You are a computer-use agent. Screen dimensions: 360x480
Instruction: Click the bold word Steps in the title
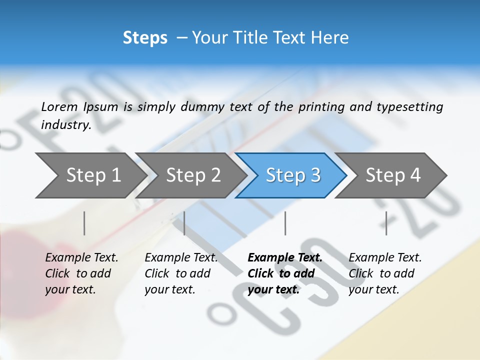145,38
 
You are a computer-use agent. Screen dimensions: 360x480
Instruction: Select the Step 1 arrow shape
90,175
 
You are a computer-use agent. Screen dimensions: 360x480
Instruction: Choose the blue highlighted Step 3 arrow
292,175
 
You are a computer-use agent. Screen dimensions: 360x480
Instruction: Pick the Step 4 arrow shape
392,175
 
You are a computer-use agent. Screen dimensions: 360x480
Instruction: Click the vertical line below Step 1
84,223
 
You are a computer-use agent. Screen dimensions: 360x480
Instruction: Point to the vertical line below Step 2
184,223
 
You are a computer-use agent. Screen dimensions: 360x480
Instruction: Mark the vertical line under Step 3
285,223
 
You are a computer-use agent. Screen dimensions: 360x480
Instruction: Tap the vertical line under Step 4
386,223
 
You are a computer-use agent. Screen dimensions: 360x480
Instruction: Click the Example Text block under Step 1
81,273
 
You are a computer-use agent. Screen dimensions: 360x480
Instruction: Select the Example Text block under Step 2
181,273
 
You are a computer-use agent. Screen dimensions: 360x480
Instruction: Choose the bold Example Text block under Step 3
285,273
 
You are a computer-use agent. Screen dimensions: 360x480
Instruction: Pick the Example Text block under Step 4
385,273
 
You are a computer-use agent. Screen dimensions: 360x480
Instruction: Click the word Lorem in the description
59,107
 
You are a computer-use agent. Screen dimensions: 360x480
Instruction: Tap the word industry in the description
66,125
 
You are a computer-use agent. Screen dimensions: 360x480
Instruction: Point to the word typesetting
414,107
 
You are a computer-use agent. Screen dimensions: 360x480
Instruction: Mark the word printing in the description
320,107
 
